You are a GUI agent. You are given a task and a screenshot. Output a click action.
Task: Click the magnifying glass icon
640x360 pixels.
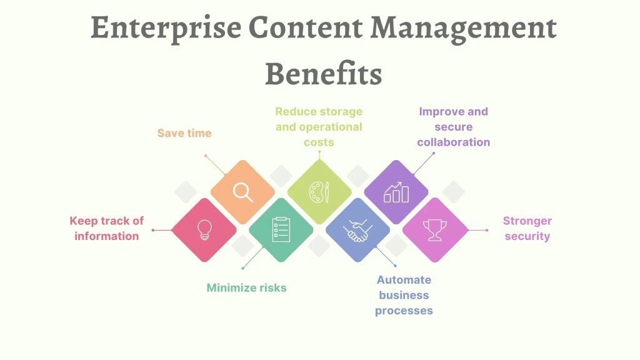(x=242, y=192)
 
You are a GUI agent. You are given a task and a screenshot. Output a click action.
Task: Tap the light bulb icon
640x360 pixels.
(x=204, y=230)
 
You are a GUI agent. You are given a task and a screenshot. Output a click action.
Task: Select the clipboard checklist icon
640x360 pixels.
(x=281, y=229)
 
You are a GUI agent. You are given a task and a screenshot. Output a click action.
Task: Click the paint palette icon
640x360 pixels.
(x=319, y=192)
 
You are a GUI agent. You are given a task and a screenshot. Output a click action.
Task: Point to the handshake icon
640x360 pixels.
(x=357, y=231)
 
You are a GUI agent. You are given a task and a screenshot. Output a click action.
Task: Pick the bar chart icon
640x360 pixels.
(x=396, y=192)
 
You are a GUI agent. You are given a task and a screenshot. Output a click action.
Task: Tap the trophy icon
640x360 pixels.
(x=435, y=230)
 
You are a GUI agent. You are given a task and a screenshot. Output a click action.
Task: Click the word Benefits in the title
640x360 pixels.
(x=323, y=74)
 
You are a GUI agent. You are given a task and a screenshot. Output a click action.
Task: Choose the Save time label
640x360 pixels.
(x=184, y=133)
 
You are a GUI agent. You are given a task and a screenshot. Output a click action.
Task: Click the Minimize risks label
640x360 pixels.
(x=246, y=287)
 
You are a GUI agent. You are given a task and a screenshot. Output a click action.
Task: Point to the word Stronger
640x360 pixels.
(x=527, y=221)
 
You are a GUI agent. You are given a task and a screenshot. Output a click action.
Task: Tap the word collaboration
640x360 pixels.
(x=454, y=142)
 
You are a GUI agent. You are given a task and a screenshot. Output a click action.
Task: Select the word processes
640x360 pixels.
(x=404, y=311)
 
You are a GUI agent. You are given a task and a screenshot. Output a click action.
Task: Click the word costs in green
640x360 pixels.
(x=319, y=142)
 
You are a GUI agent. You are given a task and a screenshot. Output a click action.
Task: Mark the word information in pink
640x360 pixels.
(x=106, y=236)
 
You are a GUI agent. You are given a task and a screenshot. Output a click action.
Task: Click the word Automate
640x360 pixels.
(x=404, y=279)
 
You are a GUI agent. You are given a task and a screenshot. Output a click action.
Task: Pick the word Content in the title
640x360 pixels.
(x=305, y=27)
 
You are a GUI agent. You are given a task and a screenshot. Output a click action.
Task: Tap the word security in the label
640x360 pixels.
(x=527, y=236)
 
